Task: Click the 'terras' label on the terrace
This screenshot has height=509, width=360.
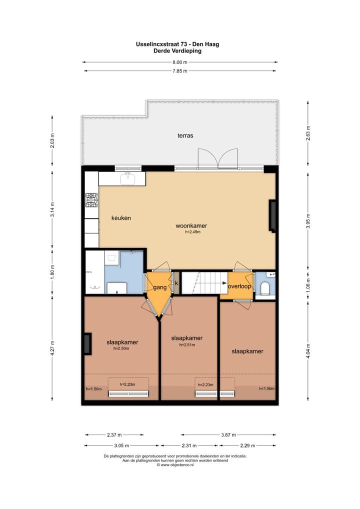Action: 185,135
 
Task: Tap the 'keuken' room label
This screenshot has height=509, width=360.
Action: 121,218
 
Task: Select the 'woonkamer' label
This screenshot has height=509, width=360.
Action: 191,225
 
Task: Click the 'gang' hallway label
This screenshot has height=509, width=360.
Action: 159,287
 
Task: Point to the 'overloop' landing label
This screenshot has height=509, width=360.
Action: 239,286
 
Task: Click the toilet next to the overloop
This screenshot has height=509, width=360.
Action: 265,287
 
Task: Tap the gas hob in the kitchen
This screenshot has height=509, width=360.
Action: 91,200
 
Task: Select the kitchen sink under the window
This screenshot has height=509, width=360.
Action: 128,177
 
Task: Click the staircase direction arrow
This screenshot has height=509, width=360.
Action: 218,283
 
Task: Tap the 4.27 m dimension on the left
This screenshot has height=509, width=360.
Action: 52,345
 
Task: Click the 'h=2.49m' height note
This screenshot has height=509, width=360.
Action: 192,231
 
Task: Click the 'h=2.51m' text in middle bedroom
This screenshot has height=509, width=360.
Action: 186,344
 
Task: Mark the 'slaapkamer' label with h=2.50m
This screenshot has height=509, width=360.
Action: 122,342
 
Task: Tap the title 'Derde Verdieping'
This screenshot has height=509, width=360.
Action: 177,50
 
